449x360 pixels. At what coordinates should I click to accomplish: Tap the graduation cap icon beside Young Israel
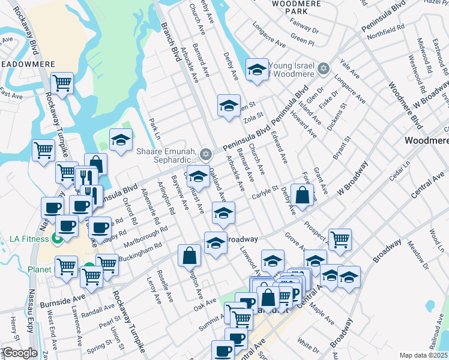click(257, 70)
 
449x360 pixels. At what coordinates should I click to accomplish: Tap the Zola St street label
click(254, 115)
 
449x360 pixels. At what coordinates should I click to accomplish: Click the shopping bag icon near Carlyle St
click(304, 194)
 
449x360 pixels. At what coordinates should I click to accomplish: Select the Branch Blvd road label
click(171, 42)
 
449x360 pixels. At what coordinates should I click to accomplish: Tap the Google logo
click(20, 353)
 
